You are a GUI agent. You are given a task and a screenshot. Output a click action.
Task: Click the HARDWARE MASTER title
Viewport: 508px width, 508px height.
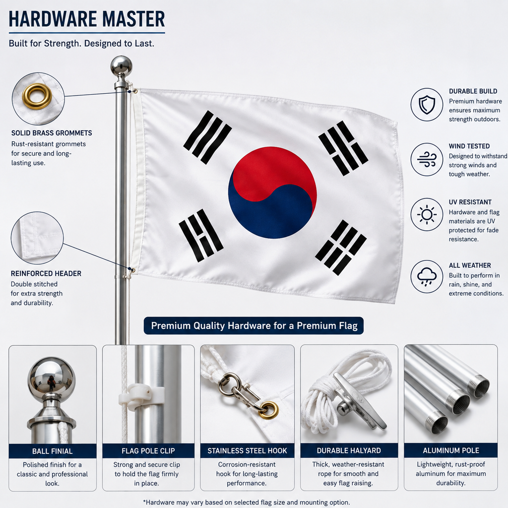coord(87,19)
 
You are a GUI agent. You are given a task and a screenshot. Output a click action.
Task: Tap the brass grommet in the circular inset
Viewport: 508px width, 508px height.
coord(37,89)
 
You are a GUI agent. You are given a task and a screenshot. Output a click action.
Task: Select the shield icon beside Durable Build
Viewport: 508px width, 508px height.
coord(427,105)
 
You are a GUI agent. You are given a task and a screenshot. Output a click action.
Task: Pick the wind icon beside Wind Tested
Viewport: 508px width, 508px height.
coord(427,159)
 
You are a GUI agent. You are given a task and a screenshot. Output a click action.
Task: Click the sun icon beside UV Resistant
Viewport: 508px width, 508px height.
coord(427,214)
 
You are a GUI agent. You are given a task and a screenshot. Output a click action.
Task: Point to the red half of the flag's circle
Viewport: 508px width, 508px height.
coord(274,169)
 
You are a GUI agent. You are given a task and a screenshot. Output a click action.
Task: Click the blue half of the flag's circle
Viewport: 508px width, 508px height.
coord(270,214)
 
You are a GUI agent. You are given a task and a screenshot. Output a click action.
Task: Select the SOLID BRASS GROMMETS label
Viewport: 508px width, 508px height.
coord(52,133)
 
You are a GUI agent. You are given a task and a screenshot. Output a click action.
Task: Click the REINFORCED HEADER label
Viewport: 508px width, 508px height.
coord(46,273)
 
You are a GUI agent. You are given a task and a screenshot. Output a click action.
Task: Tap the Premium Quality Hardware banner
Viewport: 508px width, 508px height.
coord(254,325)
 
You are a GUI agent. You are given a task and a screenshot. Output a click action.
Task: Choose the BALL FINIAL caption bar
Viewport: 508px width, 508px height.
coord(53,451)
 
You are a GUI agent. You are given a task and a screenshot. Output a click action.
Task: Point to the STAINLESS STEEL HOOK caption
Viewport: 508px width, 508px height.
coord(247,450)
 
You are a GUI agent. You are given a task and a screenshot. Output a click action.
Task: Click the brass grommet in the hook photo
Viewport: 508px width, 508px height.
coord(269,410)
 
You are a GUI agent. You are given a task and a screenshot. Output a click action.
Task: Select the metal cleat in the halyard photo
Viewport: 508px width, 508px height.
coord(360,402)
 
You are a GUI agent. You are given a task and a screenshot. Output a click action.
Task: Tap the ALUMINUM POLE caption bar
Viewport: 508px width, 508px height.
coord(450,450)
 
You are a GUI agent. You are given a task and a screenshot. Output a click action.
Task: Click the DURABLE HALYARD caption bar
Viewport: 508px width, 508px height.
coord(349,450)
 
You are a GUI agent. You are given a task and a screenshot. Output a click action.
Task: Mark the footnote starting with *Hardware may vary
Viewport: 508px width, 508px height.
coord(246,502)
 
